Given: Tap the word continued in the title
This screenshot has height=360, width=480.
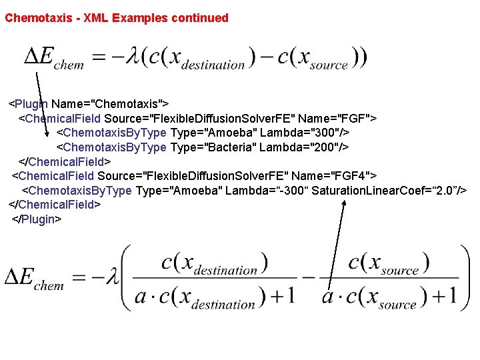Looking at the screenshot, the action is tap(199, 18).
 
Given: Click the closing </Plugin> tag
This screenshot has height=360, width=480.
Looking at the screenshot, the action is tap(37, 219).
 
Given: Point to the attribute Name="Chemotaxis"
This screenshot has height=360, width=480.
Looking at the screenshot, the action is tap(111, 104).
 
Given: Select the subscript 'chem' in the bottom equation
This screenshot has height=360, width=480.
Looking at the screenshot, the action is tap(49, 286).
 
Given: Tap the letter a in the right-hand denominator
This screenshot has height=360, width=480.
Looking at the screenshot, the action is tap(328, 295).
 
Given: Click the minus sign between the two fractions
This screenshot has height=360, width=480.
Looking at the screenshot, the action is tap(307, 277).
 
